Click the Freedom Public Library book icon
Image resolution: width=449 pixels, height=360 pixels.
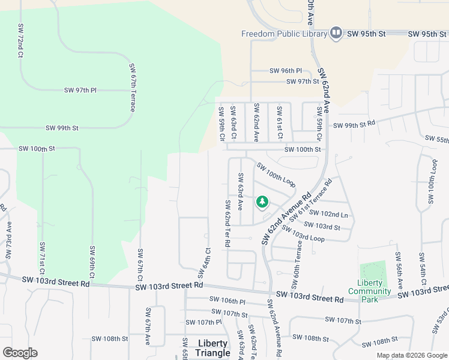(x=336, y=33)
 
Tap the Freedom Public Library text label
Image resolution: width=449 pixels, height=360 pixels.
(x=285, y=34)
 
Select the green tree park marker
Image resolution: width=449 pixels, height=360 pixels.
(x=262, y=202)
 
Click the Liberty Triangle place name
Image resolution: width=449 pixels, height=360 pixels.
(x=213, y=348)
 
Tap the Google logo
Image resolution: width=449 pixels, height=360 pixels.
(x=20, y=352)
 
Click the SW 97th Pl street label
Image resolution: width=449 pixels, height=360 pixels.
(x=80, y=90)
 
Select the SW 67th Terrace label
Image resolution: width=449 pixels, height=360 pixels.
(x=132, y=88)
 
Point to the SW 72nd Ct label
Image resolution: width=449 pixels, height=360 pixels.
(x=20, y=41)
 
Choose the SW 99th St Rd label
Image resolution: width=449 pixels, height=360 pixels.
(x=354, y=125)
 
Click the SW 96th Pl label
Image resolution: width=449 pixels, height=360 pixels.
(x=286, y=70)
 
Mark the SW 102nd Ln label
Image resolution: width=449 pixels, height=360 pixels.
(x=334, y=214)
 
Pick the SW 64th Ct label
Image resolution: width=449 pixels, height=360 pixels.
(x=203, y=263)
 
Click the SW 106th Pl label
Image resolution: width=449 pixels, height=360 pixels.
(x=228, y=299)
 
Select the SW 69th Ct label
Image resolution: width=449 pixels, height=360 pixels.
(x=92, y=261)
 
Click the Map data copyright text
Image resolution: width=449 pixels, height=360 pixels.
(x=411, y=355)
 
